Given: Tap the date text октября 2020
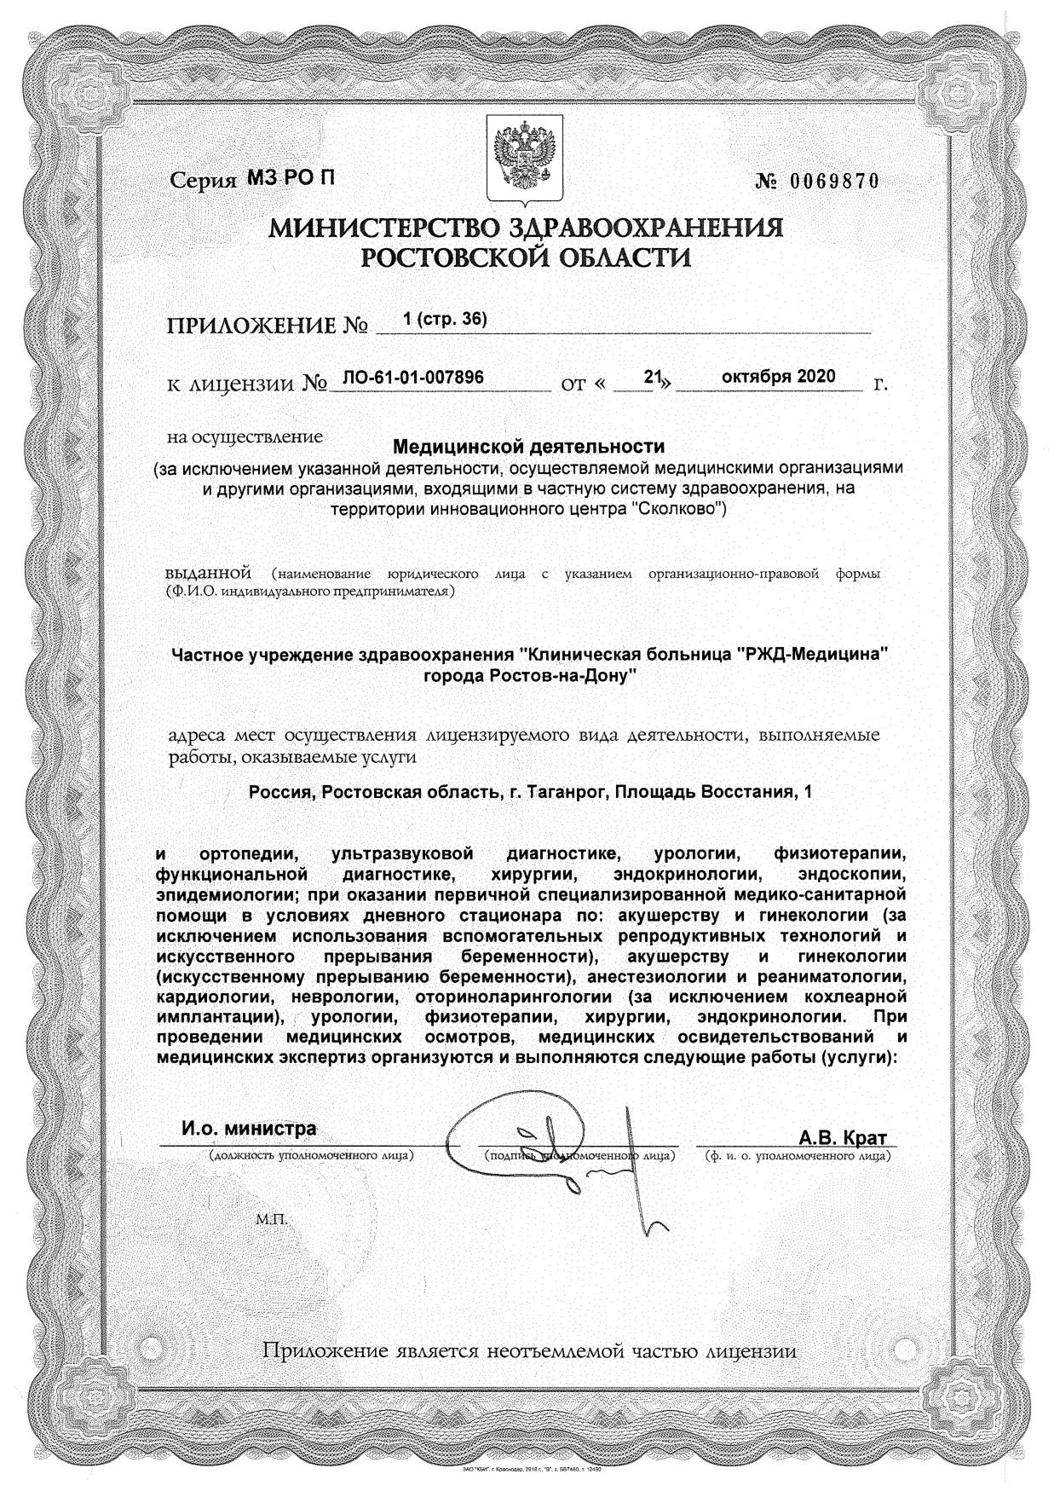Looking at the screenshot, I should pyautogui.click(x=778, y=377).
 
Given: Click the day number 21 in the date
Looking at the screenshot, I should pyautogui.click(x=654, y=377).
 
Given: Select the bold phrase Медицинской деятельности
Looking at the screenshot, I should pyautogui.click(x=528, y=446).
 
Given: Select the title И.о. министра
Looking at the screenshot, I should pyautogui.click(x=249, y=1128).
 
